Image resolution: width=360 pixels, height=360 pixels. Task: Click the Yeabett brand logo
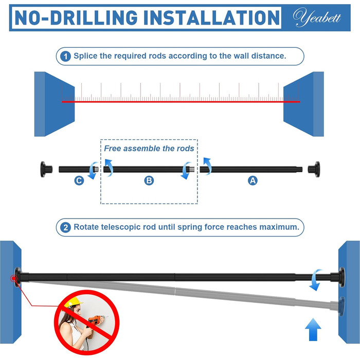coord(317,17)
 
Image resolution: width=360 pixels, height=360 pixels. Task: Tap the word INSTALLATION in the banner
coord(211,17)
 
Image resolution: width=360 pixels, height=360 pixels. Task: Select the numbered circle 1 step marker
coord(65,56)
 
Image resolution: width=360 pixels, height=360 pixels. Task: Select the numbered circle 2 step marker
coord(65,227)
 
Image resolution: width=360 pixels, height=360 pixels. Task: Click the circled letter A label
coord(253,181)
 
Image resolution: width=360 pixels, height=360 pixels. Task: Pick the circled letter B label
coord(149,181)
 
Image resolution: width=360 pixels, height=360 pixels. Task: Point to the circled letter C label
coord(79,181)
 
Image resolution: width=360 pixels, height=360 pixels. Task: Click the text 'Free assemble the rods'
coord(149,149)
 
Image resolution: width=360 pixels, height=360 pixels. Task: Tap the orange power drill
coord(96,319)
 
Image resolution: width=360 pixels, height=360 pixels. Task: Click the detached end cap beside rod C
coord(46,169)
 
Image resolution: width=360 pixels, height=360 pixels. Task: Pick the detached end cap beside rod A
coord(314,169)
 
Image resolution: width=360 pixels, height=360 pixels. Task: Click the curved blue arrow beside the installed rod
coord(316,280)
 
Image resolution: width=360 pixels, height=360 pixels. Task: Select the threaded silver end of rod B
coord(192,169)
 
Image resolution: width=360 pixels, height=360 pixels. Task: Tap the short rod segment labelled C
coord(79,169)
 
